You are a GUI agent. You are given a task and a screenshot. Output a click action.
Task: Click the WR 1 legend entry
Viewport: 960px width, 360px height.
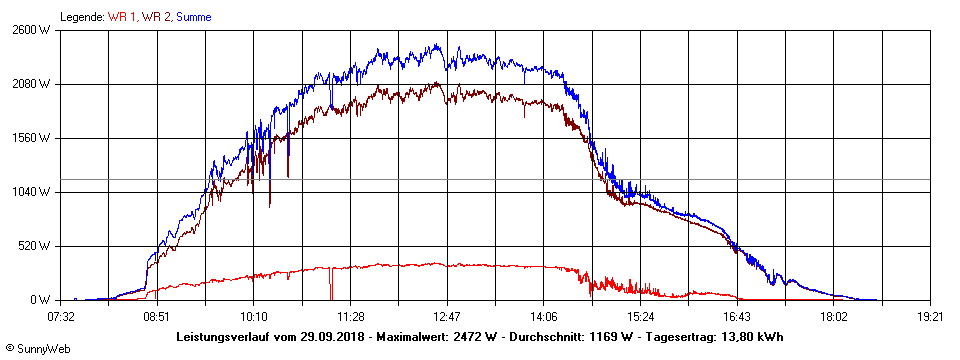[x=123, y=17]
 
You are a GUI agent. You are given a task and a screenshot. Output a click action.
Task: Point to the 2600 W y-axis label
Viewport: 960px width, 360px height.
[x=32, y=30]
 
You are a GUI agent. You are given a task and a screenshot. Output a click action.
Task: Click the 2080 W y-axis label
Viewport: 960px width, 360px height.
[x=32, y=84]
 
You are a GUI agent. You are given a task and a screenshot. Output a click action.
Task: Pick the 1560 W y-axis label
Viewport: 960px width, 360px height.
[x=32, y=138]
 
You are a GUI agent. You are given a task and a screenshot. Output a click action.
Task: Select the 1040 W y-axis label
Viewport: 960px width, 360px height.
[x=32, y=192]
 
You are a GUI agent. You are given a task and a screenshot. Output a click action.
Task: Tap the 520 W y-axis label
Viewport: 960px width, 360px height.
[x=35, y=246]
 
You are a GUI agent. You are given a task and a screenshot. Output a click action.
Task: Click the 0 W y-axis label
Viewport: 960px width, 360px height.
[x=41, y=300]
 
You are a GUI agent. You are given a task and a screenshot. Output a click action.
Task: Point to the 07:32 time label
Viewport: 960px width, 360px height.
[x=61, y=316]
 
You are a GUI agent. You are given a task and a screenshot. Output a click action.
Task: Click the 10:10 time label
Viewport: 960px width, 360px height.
[x=254, y=316]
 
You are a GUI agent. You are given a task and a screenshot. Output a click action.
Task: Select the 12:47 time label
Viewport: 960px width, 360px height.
[x=447, y=316]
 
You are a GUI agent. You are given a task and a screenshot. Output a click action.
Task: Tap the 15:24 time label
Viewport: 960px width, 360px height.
[x=640, y=316]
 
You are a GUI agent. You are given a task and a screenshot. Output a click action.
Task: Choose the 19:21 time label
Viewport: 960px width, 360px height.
[x=930, y=316]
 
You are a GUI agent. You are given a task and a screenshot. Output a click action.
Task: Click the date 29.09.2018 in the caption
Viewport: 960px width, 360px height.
[x=333, y=337]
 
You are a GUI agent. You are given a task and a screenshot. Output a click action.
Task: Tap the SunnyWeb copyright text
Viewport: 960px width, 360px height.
[x=38, y=349]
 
